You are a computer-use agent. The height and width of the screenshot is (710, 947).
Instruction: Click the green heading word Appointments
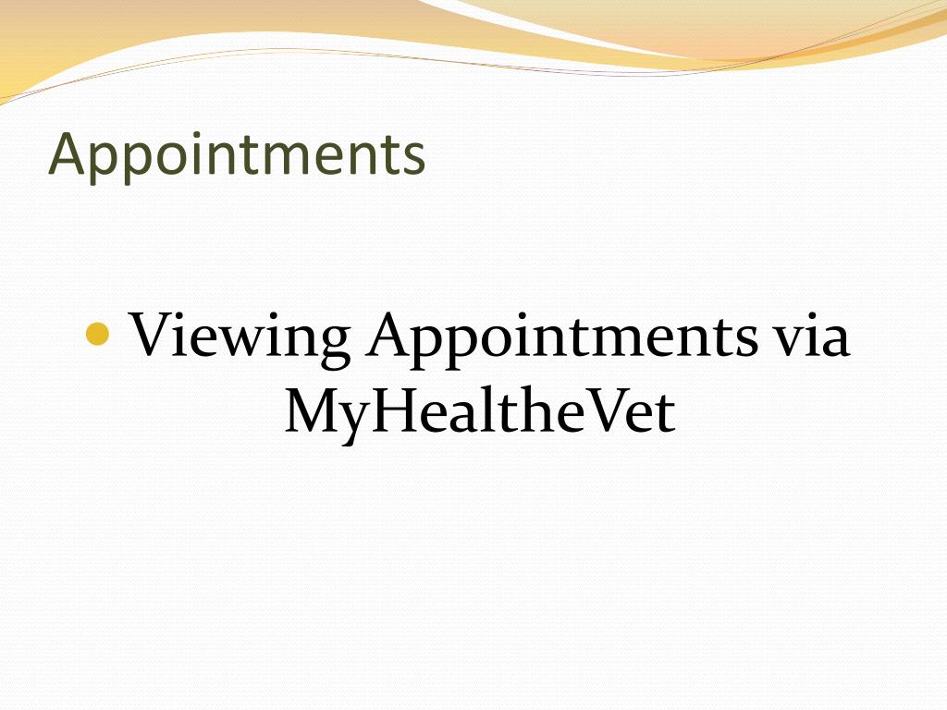(237, 154)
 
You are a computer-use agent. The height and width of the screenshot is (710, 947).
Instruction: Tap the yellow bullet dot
(97, 333)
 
